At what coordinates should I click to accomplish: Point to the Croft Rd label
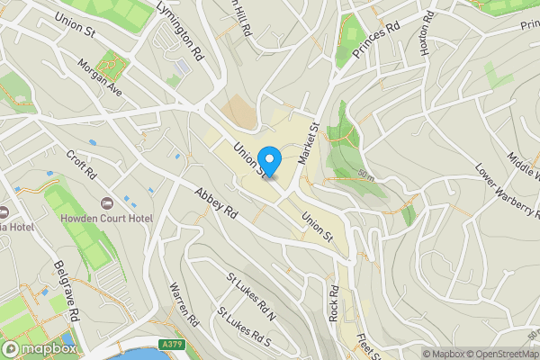coord(81,162)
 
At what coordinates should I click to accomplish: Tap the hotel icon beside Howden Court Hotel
coord(107,203)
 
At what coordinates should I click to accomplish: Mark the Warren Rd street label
coord(183,305)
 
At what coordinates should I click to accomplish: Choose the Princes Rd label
coord(375,42)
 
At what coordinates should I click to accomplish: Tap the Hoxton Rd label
coord(429,32)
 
